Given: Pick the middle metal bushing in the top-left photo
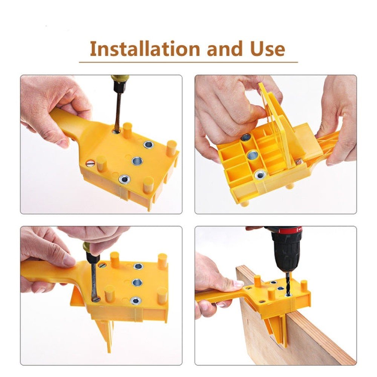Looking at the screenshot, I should pyautogui.click(x=136, y=161).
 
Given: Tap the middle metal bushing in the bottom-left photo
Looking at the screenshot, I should pyautogui.click(x=137, y=282).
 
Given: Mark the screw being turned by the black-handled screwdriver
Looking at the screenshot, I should pyautogui.click(x=97, y=299).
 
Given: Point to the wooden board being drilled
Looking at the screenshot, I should pyautogui.click(x=287, y=332).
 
